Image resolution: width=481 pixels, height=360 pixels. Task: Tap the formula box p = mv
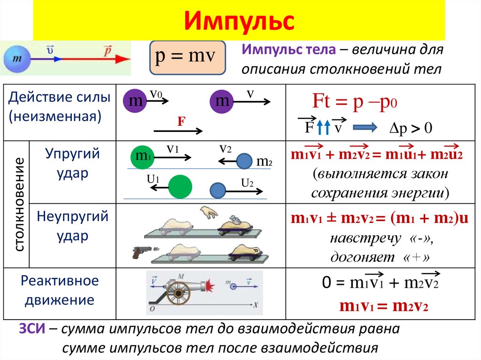(x=187, y=57)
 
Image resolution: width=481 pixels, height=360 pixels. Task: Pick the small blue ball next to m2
(x=244, y=161)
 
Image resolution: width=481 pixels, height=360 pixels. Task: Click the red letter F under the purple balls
(x=180, y=122)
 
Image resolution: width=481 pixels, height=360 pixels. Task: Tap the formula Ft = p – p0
(x=355, y=101)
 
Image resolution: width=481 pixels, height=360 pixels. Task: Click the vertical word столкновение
(x=18, y=204)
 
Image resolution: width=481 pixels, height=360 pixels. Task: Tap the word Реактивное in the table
(x=60, y=281)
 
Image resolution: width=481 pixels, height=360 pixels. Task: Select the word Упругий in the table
(x=73, y=154)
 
